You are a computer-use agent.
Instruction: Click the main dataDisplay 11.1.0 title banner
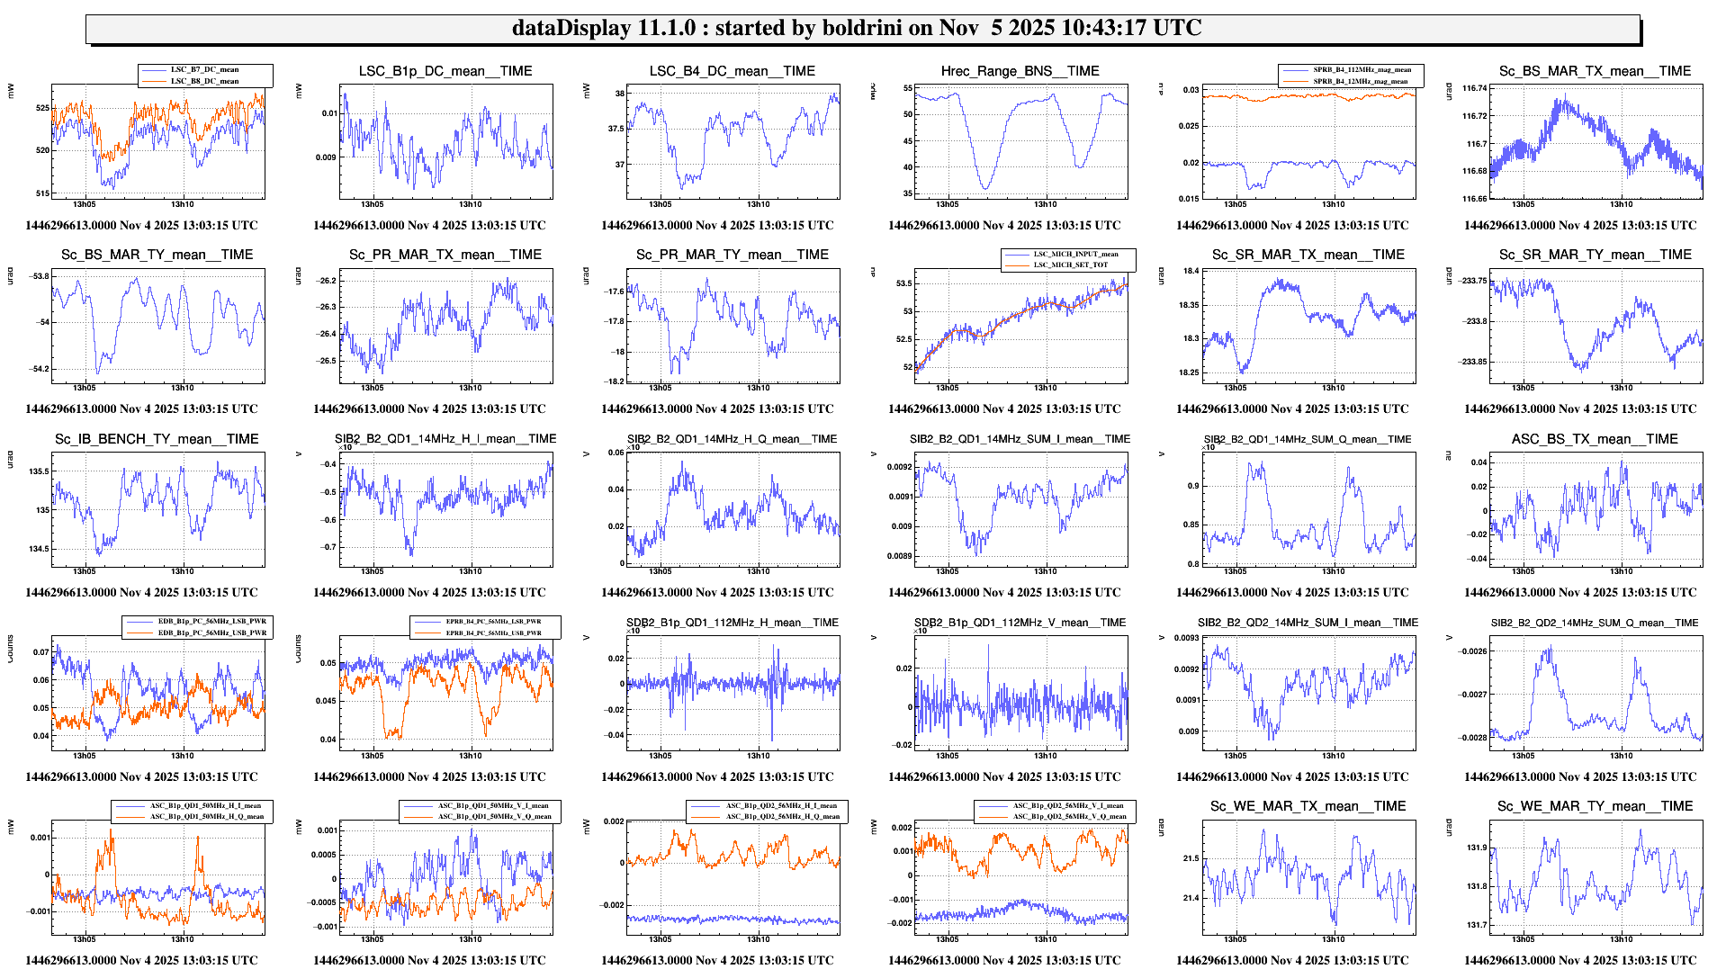click(x=857, y=28)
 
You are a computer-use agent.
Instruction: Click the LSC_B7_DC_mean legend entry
click(x=204, y=69)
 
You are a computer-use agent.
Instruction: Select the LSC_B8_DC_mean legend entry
click(x=204, y=81)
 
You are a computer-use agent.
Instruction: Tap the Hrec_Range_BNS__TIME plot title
click(x=1020, y=71)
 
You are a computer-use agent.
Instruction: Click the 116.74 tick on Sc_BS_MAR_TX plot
click(x=1474, y=88)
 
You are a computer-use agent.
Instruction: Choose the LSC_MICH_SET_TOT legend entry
click(x=1070, y=265)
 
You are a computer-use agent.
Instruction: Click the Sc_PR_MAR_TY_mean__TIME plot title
click(x=732, y=255)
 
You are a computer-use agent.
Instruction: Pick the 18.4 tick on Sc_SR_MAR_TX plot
click(x=1191, y=271)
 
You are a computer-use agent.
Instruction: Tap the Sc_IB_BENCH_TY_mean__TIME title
click(x=157, y=439)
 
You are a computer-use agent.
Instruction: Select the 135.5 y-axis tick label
click(x=39, y=471)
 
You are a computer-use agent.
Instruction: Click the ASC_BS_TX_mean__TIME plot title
click(x=1594, y=439)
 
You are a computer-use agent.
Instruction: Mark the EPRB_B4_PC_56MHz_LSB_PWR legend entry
click(x=493, y=621)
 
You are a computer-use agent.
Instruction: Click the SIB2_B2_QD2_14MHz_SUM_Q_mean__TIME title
click(x=1594, y=623)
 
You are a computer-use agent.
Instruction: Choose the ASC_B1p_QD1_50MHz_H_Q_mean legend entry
click(x=206, y=816)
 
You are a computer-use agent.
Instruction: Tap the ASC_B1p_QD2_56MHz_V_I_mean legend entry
click(x=1068, y=805)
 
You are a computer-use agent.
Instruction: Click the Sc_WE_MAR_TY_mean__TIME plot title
click(x=1595, y=806)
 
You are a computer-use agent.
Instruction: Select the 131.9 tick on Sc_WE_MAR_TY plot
click(x=1476, y=848)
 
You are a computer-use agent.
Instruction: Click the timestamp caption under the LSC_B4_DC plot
click(x=717, y=226)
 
